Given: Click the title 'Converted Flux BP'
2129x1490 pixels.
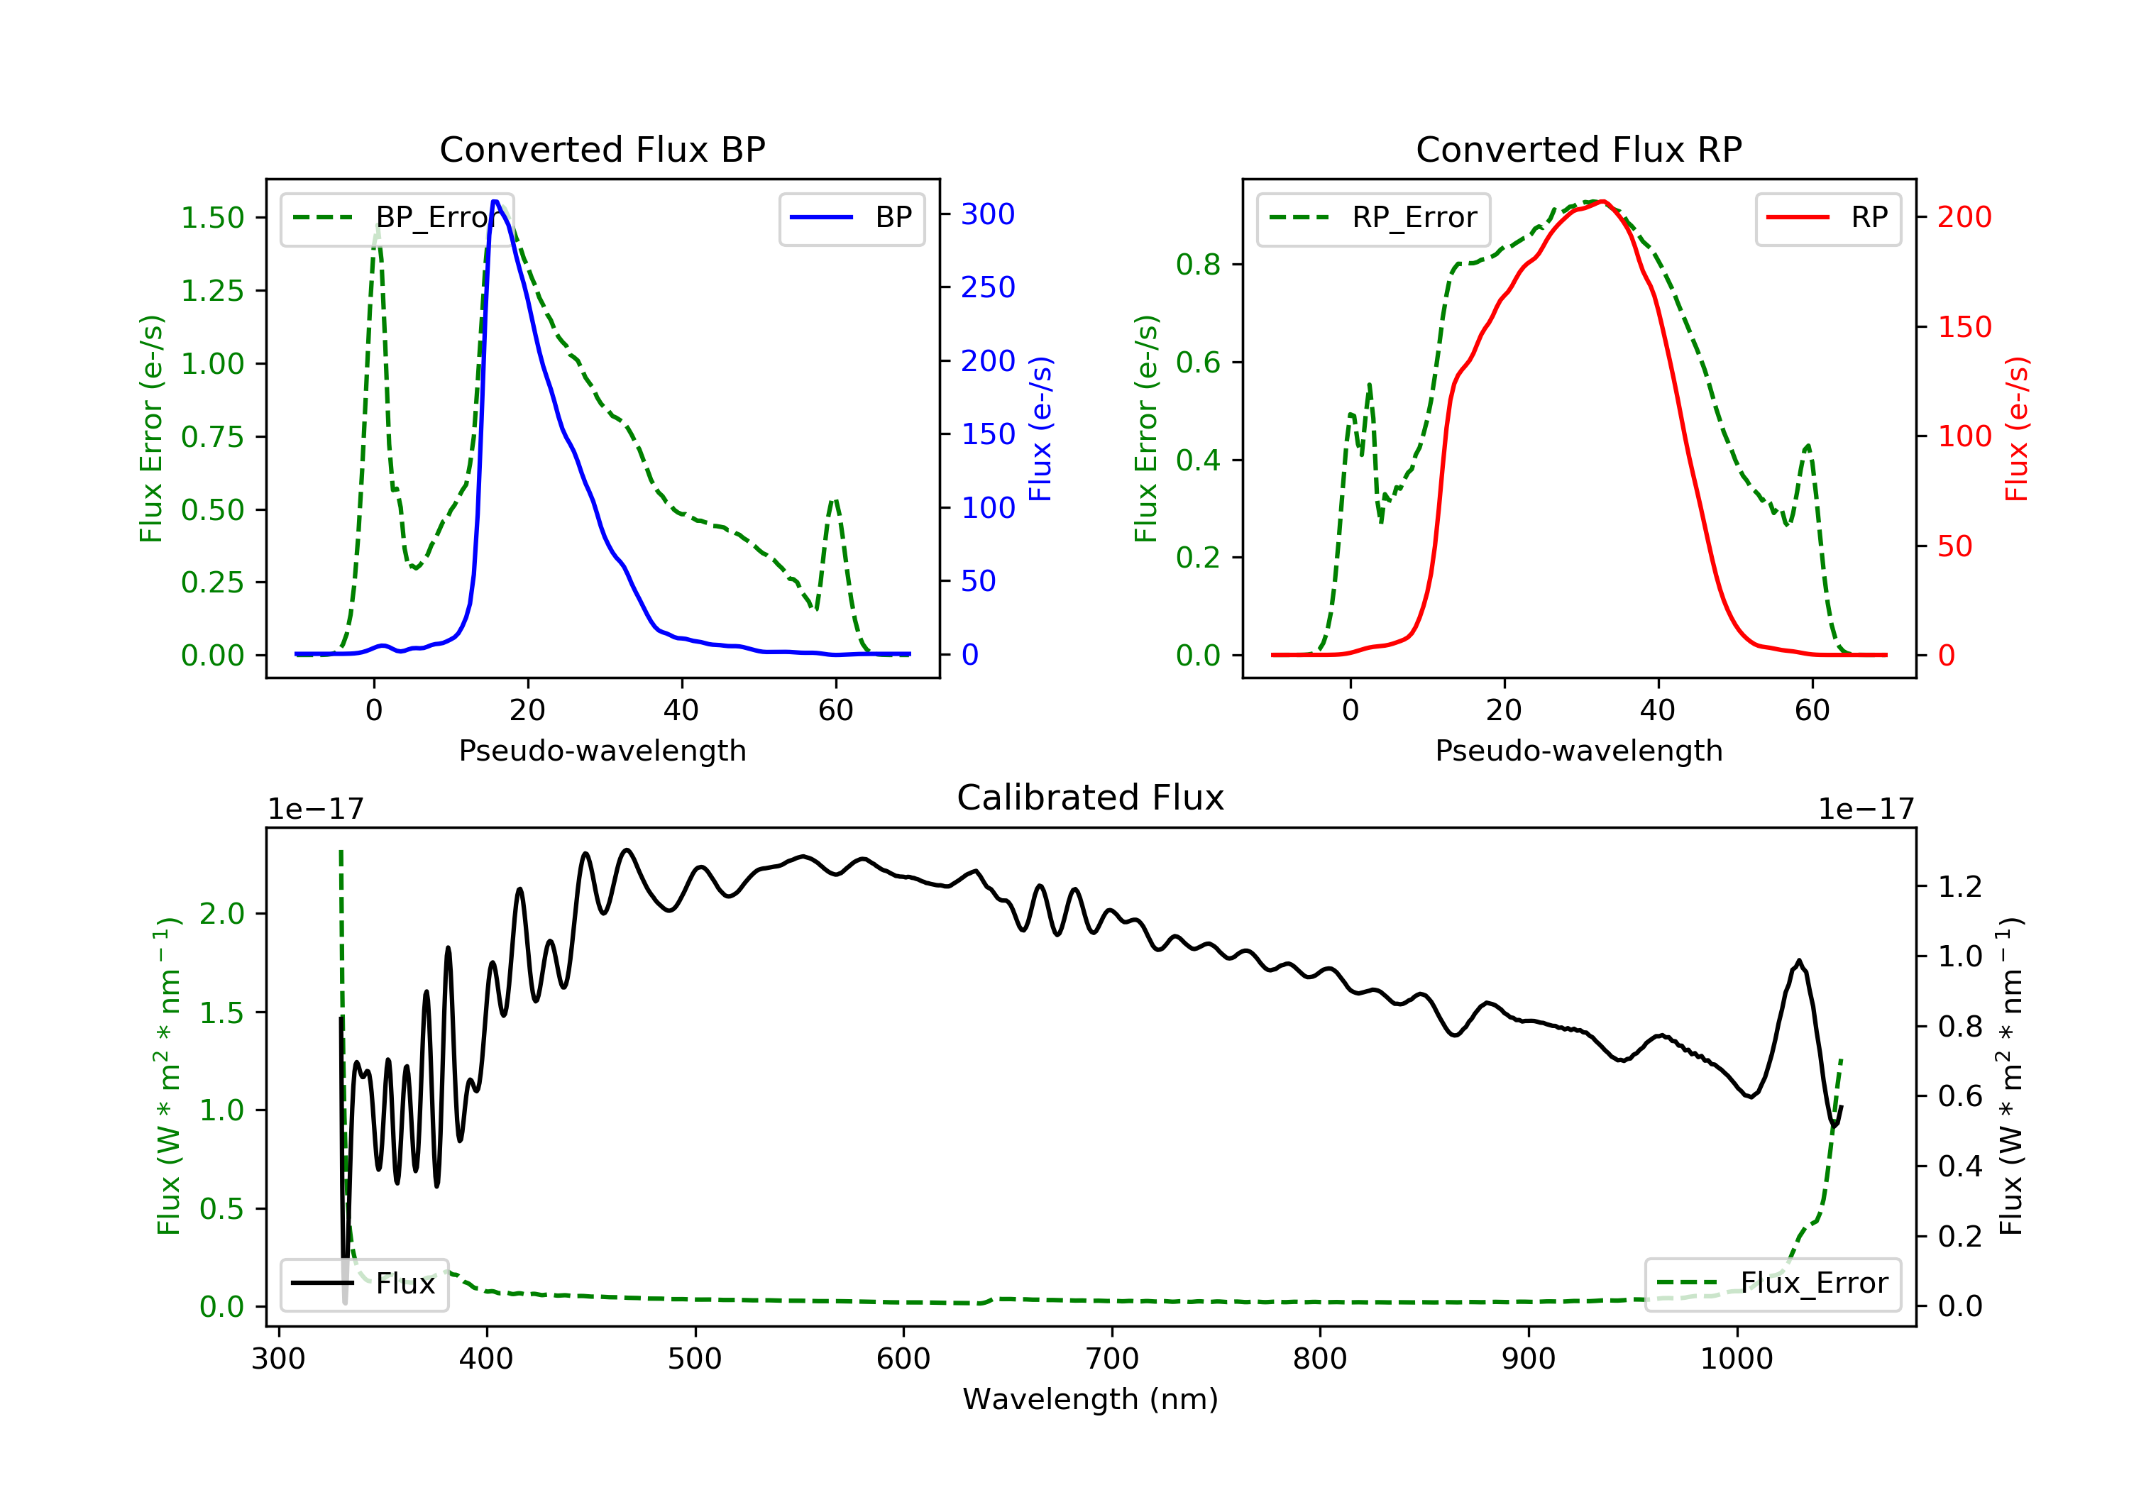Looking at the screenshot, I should coord(602,149).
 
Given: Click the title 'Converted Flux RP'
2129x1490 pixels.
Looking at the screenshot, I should coord(1578,149).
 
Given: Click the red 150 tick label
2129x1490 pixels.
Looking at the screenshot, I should coord(1964,326).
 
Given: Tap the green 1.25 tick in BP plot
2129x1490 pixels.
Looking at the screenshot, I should coord(212,291).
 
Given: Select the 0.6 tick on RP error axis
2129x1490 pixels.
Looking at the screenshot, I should coord(1198,363).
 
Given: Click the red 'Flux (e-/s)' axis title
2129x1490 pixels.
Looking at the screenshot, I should coord(2017,429).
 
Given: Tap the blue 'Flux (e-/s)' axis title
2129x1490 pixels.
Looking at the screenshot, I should coord(1040,429).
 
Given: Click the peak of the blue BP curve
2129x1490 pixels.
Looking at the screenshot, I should coord(495,202).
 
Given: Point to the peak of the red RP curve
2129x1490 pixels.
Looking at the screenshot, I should coord(1603,202).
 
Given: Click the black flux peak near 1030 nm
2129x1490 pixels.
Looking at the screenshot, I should coord(1799,961).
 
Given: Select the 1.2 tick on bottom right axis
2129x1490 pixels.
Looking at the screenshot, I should coord(1959,888).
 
